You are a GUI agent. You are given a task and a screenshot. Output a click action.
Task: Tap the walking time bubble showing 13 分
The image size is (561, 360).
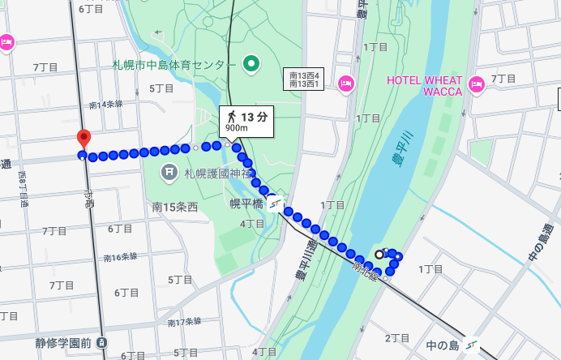246,121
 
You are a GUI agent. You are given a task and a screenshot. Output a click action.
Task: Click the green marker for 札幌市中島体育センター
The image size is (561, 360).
251,63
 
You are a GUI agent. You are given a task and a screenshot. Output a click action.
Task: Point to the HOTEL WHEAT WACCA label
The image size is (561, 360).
424,86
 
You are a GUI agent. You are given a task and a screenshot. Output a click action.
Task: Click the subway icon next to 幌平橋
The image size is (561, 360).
276,204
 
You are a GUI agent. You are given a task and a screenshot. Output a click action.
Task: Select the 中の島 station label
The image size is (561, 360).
443,346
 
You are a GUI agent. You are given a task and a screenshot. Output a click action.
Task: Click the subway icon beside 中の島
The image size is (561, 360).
471,346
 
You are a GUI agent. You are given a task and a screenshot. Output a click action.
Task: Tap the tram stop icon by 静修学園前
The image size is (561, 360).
101,343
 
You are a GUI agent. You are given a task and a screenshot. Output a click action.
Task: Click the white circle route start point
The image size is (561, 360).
379,254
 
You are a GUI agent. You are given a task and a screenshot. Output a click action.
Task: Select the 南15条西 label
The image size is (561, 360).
175,208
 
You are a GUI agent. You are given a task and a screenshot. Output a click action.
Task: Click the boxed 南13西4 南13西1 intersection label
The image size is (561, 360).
305,79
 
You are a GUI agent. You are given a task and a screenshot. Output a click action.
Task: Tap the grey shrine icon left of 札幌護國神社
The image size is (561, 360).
169,171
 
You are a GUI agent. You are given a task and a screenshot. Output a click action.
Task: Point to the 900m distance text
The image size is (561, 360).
237,128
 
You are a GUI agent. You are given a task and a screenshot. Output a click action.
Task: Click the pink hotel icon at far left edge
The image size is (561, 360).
6,41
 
